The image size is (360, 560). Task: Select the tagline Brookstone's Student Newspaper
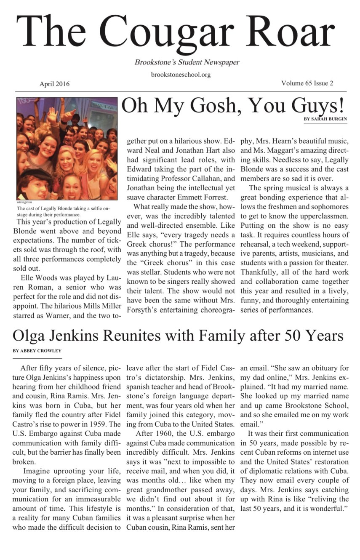(x=187, y=62)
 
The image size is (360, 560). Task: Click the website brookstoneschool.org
(x=181, y=75)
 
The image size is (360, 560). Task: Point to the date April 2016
(x=54, y=84)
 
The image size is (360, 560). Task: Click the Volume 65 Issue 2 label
(x=307, y=83)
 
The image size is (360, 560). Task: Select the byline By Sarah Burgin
(x=325, y=119)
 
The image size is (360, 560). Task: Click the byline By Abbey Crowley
(x=37, y=350)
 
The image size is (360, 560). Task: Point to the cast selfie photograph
(x=67, y=149)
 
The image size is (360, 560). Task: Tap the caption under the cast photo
(x=63, y=211)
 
